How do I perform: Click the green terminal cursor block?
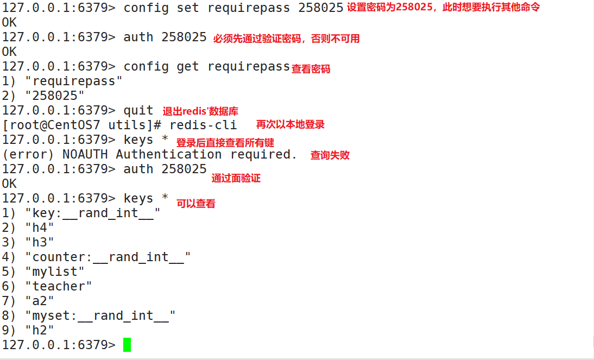tap(127, 345)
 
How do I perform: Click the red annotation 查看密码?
tap(311, 69)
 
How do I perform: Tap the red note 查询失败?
tap(330, 155)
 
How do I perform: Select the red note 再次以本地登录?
tap(290, 124)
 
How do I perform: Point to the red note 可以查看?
tap(195, 204)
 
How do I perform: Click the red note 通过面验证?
tap(236, 178)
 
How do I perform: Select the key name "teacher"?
tap(62, 286)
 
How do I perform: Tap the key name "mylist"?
tap(58, 271)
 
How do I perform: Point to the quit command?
tap(138, 111)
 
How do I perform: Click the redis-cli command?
tap(203, 125)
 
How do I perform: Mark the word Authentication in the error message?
tap(169, 154)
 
